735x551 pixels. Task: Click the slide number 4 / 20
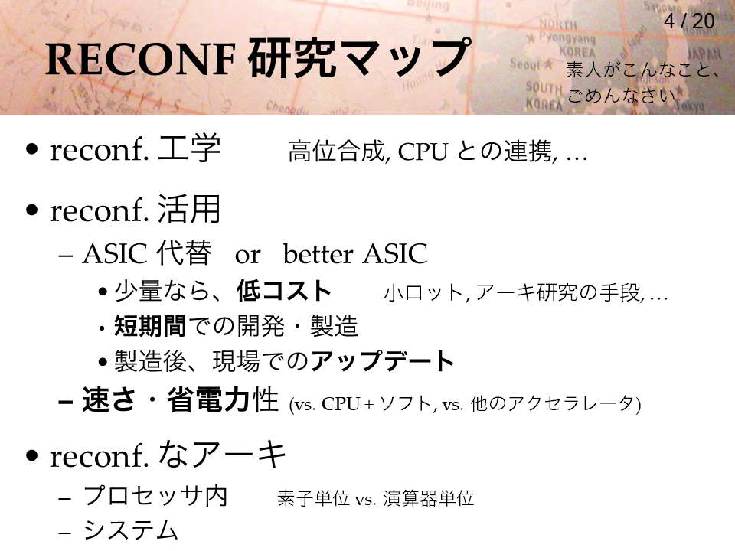[x=689, y=21]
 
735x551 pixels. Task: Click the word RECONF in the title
[x=139, y=60]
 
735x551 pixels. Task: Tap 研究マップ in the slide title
[x=359, y=57]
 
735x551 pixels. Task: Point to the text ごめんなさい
[x=622, y=96]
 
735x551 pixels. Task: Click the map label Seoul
[x=525, y=64]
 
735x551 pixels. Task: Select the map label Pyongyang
[x=567, y=37]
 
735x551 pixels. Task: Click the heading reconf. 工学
[x=136, y=148]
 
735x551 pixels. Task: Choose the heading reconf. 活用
[x=136, y=209]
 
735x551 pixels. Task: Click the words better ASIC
[x=355, y=254]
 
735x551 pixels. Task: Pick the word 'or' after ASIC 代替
[x=247, y=256]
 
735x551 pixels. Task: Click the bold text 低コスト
[x=284, y=291]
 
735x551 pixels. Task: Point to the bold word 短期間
[x=150, y=326]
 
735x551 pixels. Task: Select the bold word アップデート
[x=382, y=360]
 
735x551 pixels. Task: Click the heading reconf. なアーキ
[x=168, y=455]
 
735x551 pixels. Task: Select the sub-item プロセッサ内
[x=155, y=496]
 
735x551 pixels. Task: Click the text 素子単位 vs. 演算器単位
[x=375, y=498]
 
